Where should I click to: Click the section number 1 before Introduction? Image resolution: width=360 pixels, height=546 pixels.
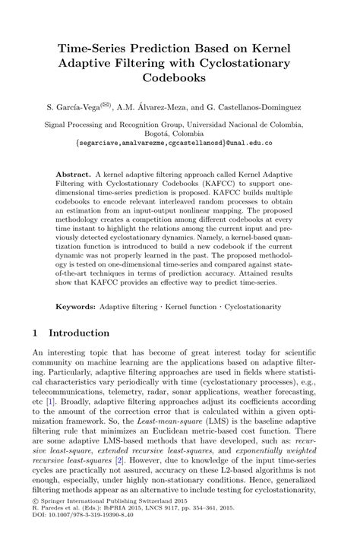[x=36, y=333]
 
